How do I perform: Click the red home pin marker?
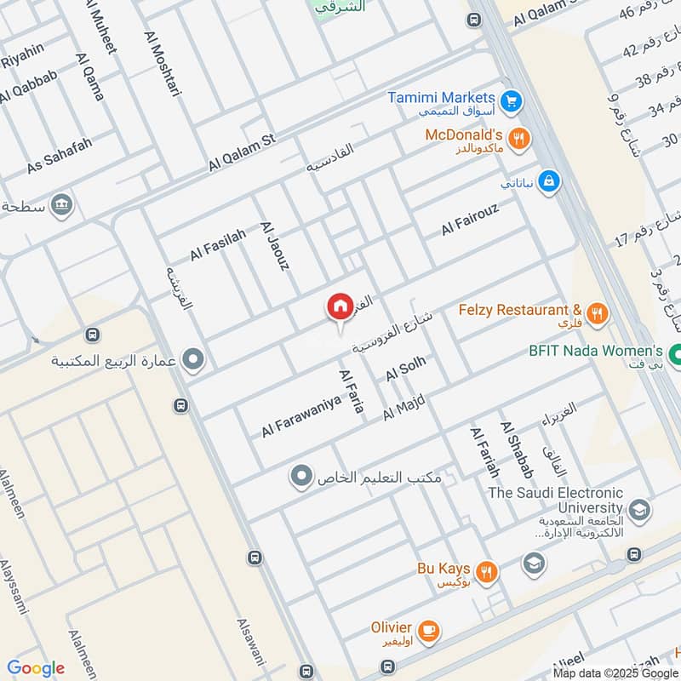coord(340,306)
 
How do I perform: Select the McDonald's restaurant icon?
coord(517,137)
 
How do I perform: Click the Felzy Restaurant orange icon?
coord(598,313)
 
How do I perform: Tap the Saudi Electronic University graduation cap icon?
coord(639,510)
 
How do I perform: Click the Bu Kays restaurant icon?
coord(486,572)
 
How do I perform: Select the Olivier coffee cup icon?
coord(430,630)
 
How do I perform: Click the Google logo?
coord(36,668)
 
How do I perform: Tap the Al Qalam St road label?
coord(243,152)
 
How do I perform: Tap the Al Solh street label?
coord(404,370)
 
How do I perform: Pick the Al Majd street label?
coord(403,406)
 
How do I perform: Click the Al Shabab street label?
coord(516,449)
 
